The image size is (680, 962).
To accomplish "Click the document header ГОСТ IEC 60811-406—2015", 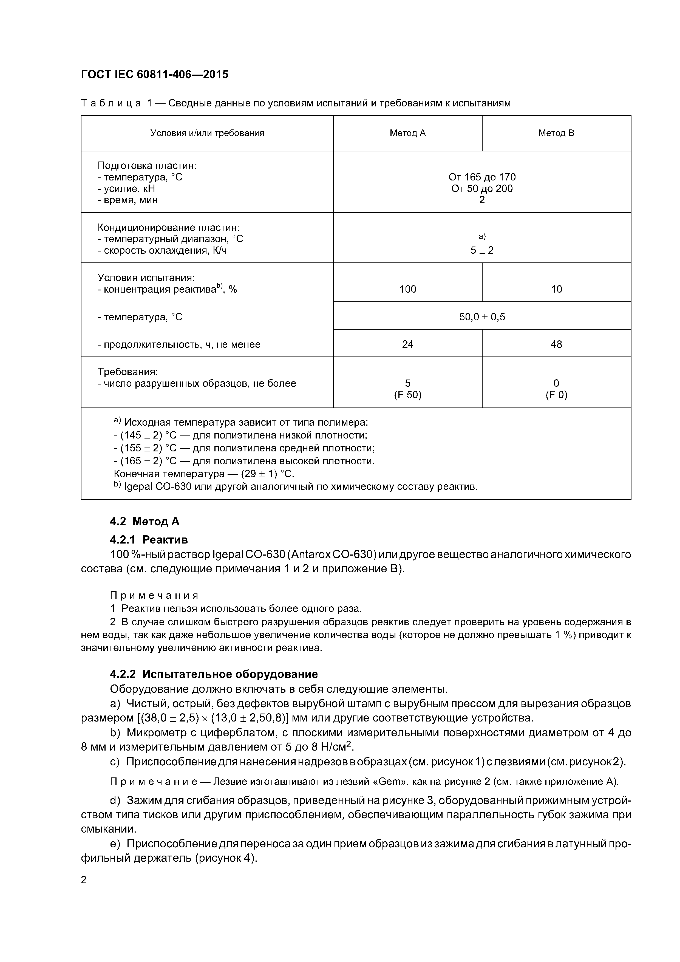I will pyautogui.click(x=155, y=75).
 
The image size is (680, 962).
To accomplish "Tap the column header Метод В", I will pyautogui.click(x=556, y=133).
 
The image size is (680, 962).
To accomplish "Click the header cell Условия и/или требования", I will pyautogui.click(x=207, y=133).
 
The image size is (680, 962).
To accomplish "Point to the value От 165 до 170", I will pyautogui.click(x=482, y=177).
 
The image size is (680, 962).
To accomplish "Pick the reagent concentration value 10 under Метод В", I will pyautogui.click(x=556, y=289).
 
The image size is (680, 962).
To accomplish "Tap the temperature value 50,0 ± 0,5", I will pyautogui.click(x=482, y=317).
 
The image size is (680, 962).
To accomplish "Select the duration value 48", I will pyautogui.click(x=556, y=344).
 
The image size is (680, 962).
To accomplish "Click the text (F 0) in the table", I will pyautogui.click(x=556, y=395).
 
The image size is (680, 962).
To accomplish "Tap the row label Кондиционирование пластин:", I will pyautogui.click(x=168, y=228).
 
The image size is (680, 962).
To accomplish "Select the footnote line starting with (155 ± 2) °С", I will pyautogui.click(x=244, y=448).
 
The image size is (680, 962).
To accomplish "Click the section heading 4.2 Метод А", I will pyautogui.click(x=144, y=521).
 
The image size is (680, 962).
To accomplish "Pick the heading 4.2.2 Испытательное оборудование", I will pyautogui.click(x=214, y=674).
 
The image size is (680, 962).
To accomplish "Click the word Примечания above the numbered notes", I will pyautogui.click(x=154, y=595).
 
